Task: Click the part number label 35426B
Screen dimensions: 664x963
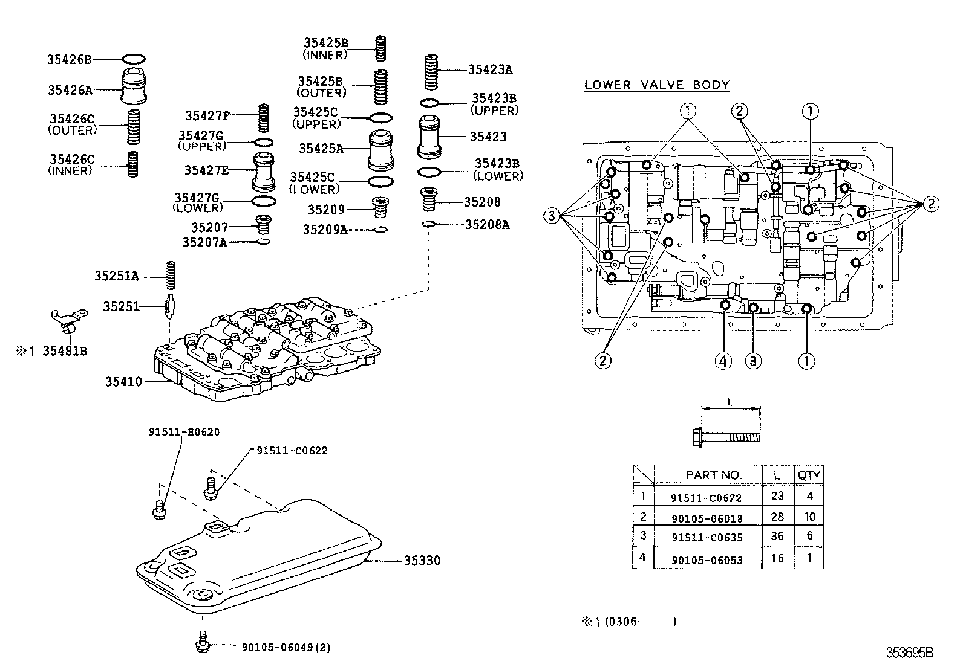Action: (x=69, y=59)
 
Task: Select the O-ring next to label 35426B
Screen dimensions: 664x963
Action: (x=134, y=59)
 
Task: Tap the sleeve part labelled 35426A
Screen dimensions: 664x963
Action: (x=134, y=86)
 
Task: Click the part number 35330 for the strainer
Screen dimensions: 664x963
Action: (x=422, y=561)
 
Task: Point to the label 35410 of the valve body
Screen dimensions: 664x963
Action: (x=123, y=382)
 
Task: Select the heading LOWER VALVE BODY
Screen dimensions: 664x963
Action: (x=656, y=85)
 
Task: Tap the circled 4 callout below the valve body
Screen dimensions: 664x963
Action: (x=723, y=361)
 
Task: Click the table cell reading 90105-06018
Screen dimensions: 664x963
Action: (x=707, y=518)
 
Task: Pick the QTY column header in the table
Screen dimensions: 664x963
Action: (x=809, y=475)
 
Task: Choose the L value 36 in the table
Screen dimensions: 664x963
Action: (x=777, y=536)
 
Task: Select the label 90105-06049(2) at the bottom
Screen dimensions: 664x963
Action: (x=286, y=647)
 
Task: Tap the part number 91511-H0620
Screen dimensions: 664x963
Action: (x=184, y=432)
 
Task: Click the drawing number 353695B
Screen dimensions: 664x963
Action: (x=909, y=653)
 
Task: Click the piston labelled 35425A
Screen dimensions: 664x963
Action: (x=381, y=149)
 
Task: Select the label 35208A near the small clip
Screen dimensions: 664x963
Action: (x=487, y=225)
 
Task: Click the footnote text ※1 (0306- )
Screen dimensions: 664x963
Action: (x=628, y=621)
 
